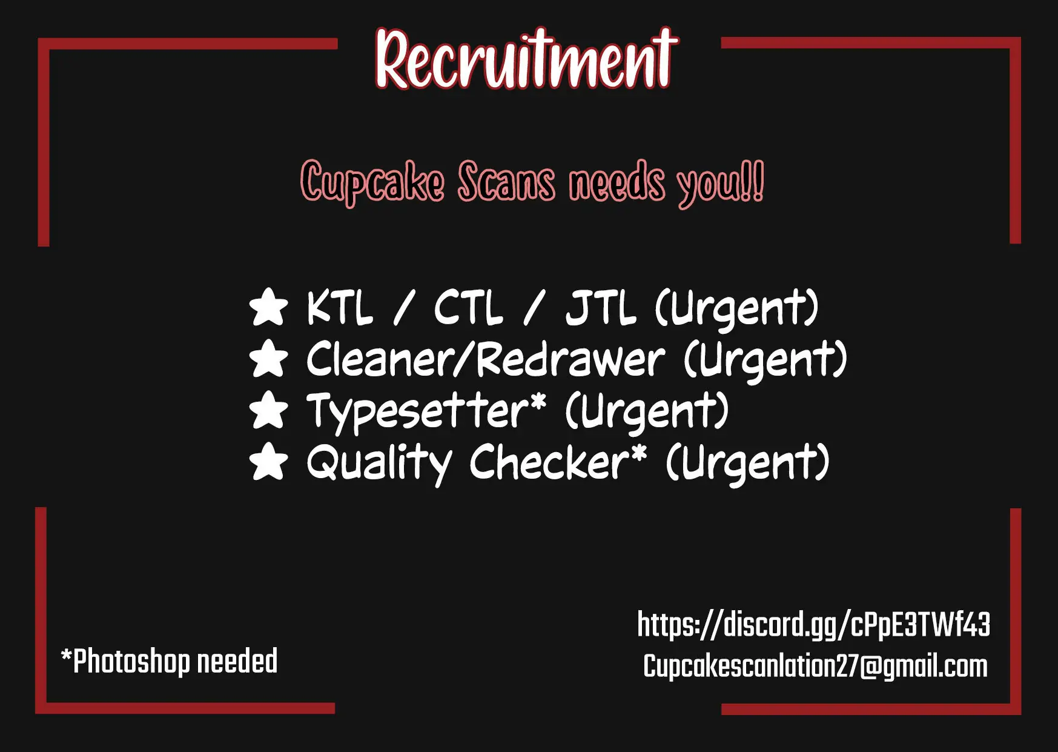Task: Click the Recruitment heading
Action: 526,58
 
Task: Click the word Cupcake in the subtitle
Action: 372,181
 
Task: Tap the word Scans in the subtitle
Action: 506,181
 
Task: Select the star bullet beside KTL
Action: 268,307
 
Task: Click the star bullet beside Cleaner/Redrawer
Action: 268,359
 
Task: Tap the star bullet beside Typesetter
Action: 268,410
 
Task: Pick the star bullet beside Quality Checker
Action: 268,462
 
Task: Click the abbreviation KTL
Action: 340,307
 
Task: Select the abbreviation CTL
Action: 468,307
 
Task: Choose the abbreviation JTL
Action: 601,307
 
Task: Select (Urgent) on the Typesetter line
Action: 647,411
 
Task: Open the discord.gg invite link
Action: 814,625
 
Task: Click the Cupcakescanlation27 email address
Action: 815,667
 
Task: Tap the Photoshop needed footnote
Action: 170,661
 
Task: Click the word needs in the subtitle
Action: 617,181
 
